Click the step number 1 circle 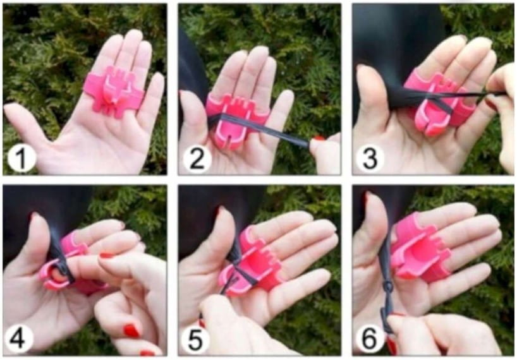point(21,159)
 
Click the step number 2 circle point(197,159)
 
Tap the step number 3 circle point(370,159)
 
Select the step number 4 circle point(19,338)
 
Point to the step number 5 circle point(195,339)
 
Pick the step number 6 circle point(369,339)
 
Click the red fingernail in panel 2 point(319,138)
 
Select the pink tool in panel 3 point(439,102)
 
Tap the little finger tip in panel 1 point(157,79)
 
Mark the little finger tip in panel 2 point(287,96)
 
